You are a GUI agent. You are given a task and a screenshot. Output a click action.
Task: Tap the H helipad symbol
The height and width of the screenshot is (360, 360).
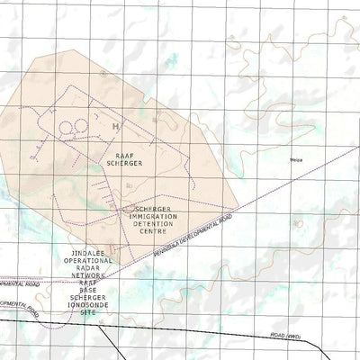pos(115,127)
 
